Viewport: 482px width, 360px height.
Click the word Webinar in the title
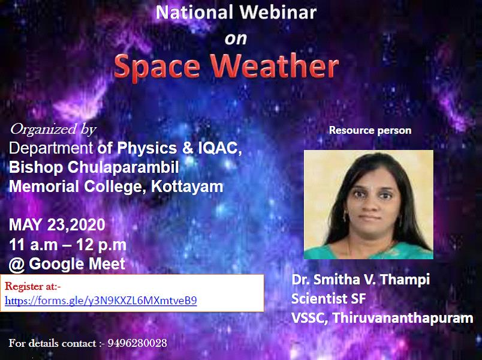(278, 13)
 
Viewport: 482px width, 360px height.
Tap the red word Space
(157, 67)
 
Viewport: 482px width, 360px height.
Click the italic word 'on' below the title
(236, 39)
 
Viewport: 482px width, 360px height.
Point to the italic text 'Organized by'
(53, 129)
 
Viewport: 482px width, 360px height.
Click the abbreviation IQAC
(218, 148)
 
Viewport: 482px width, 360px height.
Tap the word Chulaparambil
(123, 167)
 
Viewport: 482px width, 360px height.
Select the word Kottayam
(187, 187)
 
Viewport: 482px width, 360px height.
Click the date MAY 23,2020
(57, 225)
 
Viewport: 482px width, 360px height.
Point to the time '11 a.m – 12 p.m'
(68, 245)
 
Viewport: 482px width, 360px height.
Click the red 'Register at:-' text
(33, 286)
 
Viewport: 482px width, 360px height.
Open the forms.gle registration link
(101, 301)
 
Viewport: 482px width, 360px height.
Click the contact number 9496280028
(137, 343)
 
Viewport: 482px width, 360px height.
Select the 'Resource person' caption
(370, 130)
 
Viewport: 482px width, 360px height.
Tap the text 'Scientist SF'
(329, 298)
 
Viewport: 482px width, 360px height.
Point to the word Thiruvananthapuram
(403, 318)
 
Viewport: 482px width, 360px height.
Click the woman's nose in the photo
(371, 205)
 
